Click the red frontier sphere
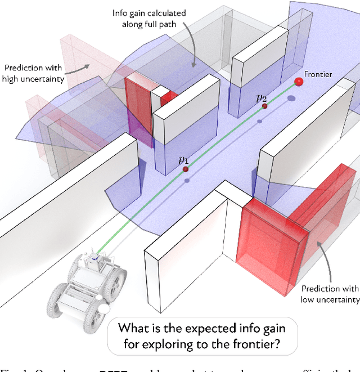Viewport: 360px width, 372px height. coord(299,83)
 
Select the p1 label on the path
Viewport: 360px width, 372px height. coord(183,160)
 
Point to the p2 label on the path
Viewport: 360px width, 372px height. coord(261,98)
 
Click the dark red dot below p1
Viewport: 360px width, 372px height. coord(185,169)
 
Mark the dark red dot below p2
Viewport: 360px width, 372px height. coord(264,105)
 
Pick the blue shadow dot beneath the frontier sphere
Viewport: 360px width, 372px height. coord(291,99)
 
